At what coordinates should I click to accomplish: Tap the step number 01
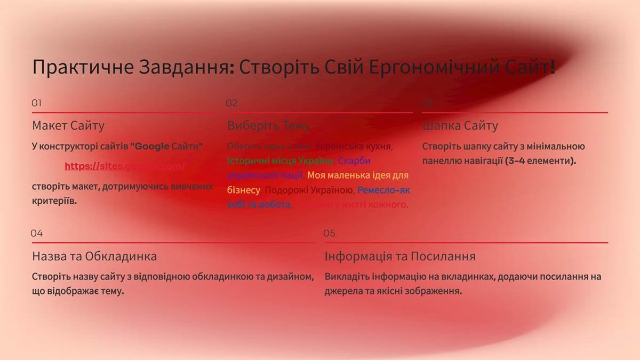(36, 103)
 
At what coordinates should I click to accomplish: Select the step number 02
(231, 103)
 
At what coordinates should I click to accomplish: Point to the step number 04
(36, 233)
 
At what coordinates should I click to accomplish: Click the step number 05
(329, 233)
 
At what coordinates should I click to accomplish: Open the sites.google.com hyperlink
(125, 166)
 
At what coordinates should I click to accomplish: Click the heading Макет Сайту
(68, 126)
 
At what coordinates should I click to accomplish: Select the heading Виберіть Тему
(268, 126)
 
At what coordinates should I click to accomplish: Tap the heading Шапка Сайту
(460, 126)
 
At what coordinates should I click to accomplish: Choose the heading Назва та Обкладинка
(94, 257)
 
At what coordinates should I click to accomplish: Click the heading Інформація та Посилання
(399, 257)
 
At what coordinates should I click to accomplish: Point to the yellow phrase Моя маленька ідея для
(358, 175)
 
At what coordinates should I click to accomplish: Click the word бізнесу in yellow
(244, 190)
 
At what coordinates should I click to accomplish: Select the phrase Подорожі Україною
(309, 190)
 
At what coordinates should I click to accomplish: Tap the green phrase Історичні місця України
(281, 161)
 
